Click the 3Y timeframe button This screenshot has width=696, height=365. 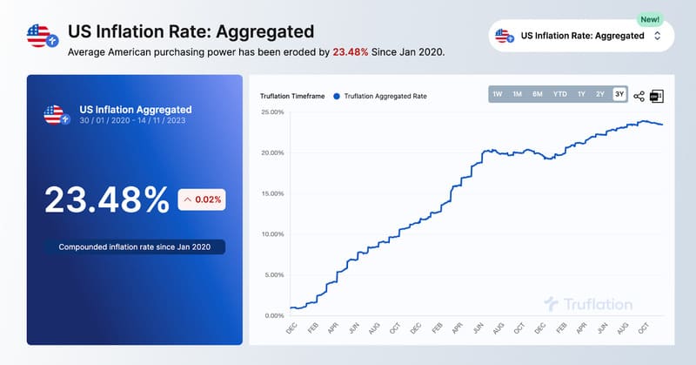click(x=619, y=94)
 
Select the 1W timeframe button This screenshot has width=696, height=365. click(x=498, y=94)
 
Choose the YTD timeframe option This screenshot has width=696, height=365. click(x=559, y=94)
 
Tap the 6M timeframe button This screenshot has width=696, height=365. click(x=538, y=94)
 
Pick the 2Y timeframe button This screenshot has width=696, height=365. click(x=600, y=94)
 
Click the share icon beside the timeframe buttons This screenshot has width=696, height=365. click(x=639, y=96)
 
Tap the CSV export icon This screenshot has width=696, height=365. click(x=657, y=96)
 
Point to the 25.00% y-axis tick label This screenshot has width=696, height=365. click(x=272, y=112)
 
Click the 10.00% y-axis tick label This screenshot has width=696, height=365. click(x=272, y=234)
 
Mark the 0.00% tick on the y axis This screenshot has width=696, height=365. click(x=274, y=315)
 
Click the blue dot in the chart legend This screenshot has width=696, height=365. click(x=336, y=95)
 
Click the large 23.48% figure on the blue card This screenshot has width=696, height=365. click(x=106, y=199)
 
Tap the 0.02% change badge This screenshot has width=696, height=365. click(x=201, y=199)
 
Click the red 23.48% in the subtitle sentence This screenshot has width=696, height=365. click(x=351, y=52)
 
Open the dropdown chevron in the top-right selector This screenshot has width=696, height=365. click(x=658, y=36)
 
